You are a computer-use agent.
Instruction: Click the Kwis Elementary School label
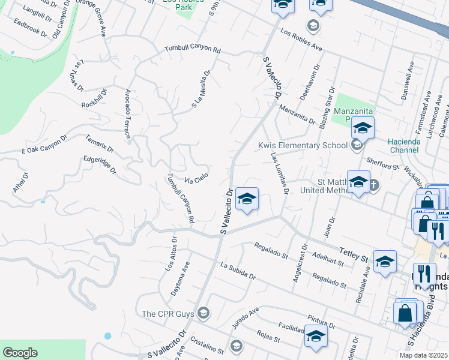(303, 145)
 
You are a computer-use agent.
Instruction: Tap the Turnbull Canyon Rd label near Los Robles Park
(193, 50)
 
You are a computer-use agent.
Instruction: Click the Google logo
(20, 353)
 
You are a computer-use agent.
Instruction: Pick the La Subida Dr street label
(238, 272)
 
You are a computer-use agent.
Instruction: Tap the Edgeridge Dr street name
(100, 167)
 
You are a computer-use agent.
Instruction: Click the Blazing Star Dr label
(328, 107)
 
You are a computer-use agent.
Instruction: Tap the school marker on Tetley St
(385, 262)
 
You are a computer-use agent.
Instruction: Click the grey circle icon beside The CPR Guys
(203, 313)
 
